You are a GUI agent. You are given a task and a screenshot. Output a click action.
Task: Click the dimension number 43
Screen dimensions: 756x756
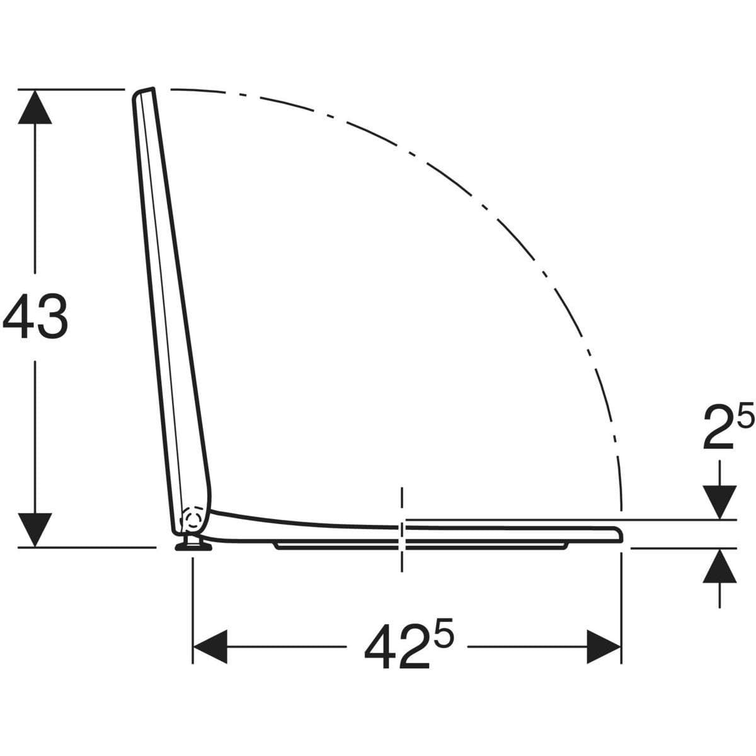tap(35, 317)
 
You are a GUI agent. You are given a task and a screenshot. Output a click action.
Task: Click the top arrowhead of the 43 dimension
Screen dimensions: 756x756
tap(35, 106)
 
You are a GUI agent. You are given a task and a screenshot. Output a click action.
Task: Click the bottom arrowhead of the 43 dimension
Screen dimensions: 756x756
tap(35, 530)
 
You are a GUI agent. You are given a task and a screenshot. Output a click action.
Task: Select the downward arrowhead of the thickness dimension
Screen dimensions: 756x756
tap(719, 503)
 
